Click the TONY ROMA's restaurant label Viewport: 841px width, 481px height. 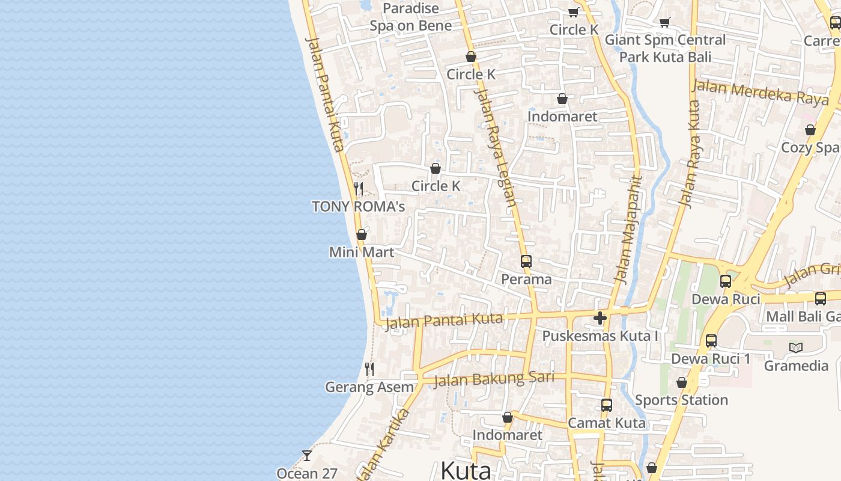click(x=358, y=207)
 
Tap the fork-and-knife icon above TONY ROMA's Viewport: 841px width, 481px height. click(x=359, y=189)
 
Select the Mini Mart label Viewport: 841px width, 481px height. click(x=362, y=252)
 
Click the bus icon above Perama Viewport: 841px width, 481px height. click(x=526, y=262)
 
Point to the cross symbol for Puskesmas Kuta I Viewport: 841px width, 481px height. click(x=600, y=318)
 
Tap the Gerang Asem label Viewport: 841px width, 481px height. click(x=369, y=387)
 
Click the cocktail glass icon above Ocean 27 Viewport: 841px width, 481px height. click(x=307, y=456)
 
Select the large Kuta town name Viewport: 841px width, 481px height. click(x=466, y=470)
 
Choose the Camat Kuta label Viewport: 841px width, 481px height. click(x=607, y=423)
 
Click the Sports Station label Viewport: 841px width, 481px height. click(x=681, y=400)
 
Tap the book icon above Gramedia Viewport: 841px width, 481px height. click(x=796, y=348)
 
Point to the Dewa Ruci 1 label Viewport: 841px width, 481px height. click(x=711, y=359)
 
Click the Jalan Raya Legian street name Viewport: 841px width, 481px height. click(x=496, y=147)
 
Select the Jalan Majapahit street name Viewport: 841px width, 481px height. click(x=628, y=228)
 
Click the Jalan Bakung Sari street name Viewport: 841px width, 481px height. click(x=493, y=379)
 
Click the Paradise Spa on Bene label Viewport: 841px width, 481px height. click(x=411, y=17)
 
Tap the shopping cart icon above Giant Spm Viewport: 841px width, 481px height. click(x=665, y=22)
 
